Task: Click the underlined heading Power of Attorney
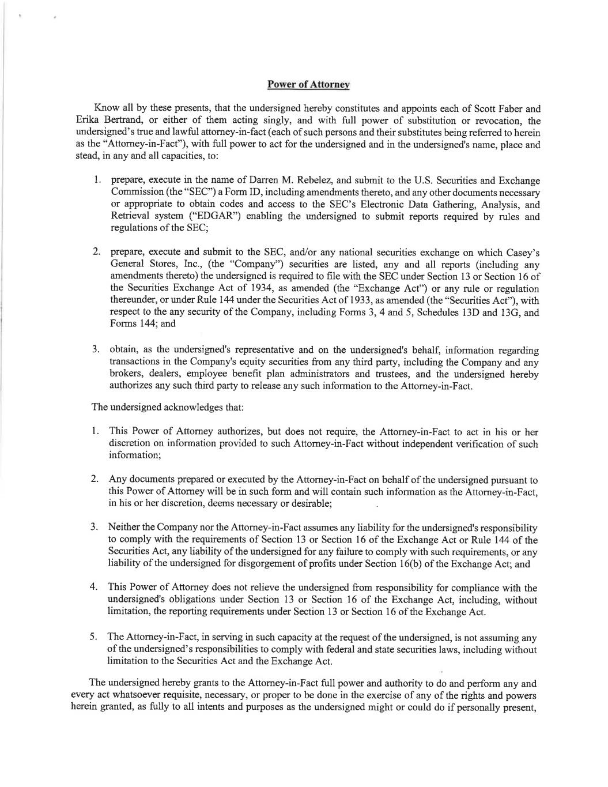click(308, 84)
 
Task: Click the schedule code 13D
click(473, 312)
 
